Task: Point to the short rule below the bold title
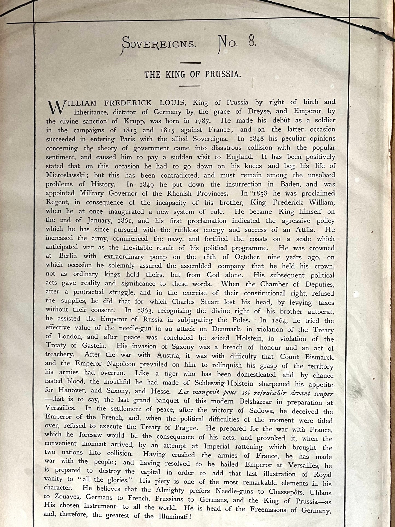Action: pos(190,86)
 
